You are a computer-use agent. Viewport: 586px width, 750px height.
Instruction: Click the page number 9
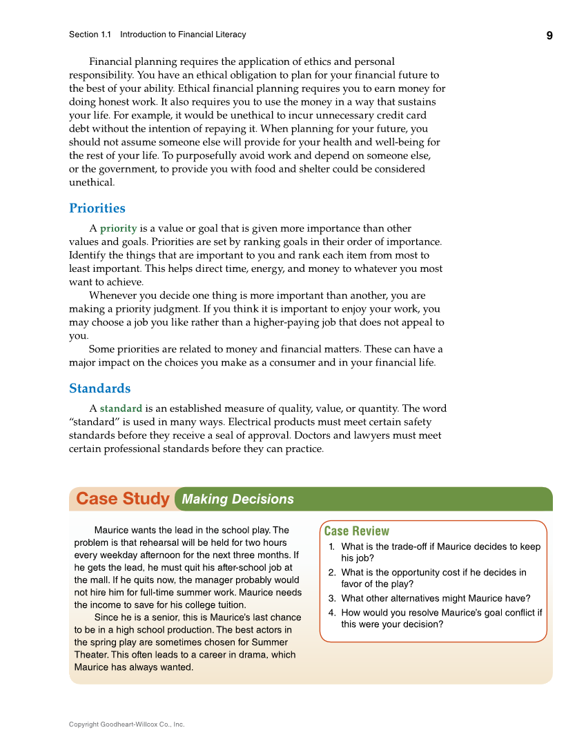pyautogui.click(x=549, y=36)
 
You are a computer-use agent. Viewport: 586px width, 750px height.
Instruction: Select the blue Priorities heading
pyautogui.click(x=97, y=208)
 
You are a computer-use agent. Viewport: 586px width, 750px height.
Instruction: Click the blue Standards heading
pyautogui.click(x=99, y=388)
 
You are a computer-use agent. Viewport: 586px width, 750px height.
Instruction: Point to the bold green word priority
pyautogui.click(x=118, y=228)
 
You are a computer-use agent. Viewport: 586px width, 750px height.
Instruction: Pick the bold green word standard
pyautogui.click(x=121, y=408)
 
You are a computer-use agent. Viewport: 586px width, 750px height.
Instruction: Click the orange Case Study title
pyautogui.click(x=123, y=499)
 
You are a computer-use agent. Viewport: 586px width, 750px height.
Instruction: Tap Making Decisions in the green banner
pyautogui.click(x=237, y=500)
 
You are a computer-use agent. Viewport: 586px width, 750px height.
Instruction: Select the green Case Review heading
pyautogui.click(x=356, y=531)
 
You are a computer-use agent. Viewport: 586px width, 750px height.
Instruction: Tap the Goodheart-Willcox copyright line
pyautogui.click(x=126, y=724)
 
